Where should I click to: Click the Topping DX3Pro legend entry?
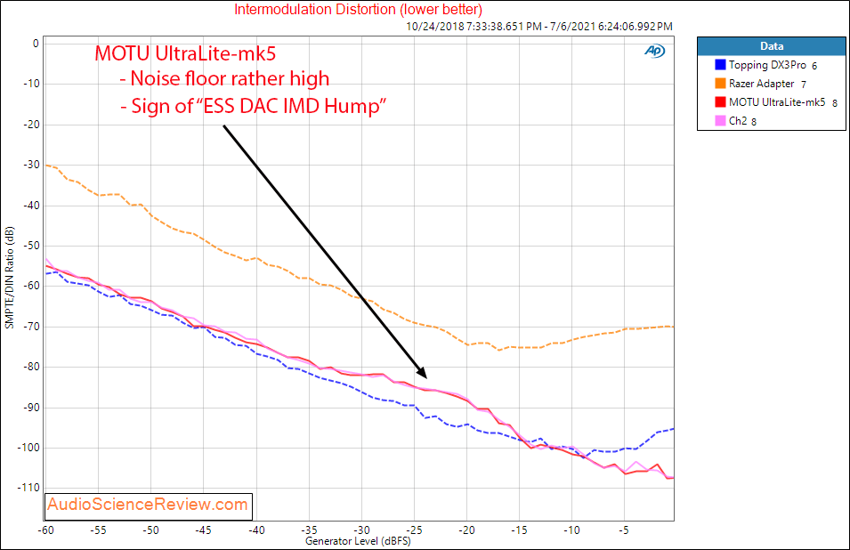[x=767, y=65]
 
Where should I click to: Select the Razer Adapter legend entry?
[x=761, y=84]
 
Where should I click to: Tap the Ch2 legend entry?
[x=740, y=121]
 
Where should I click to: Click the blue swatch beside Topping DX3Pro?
[x=719, y=65]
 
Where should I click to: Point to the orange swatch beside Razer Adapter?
[x=719, y=84]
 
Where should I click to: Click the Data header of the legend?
[x=771, y=45]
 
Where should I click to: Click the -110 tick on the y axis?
[x=27, y=488]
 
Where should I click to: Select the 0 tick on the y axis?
[x=36, y=44]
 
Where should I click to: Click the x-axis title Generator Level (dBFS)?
[x=359, y=540]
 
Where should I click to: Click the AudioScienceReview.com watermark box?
[x=149, y=506]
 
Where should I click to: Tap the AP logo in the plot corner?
[x=654, y=51]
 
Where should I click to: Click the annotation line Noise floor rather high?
[x=223, y=80]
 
